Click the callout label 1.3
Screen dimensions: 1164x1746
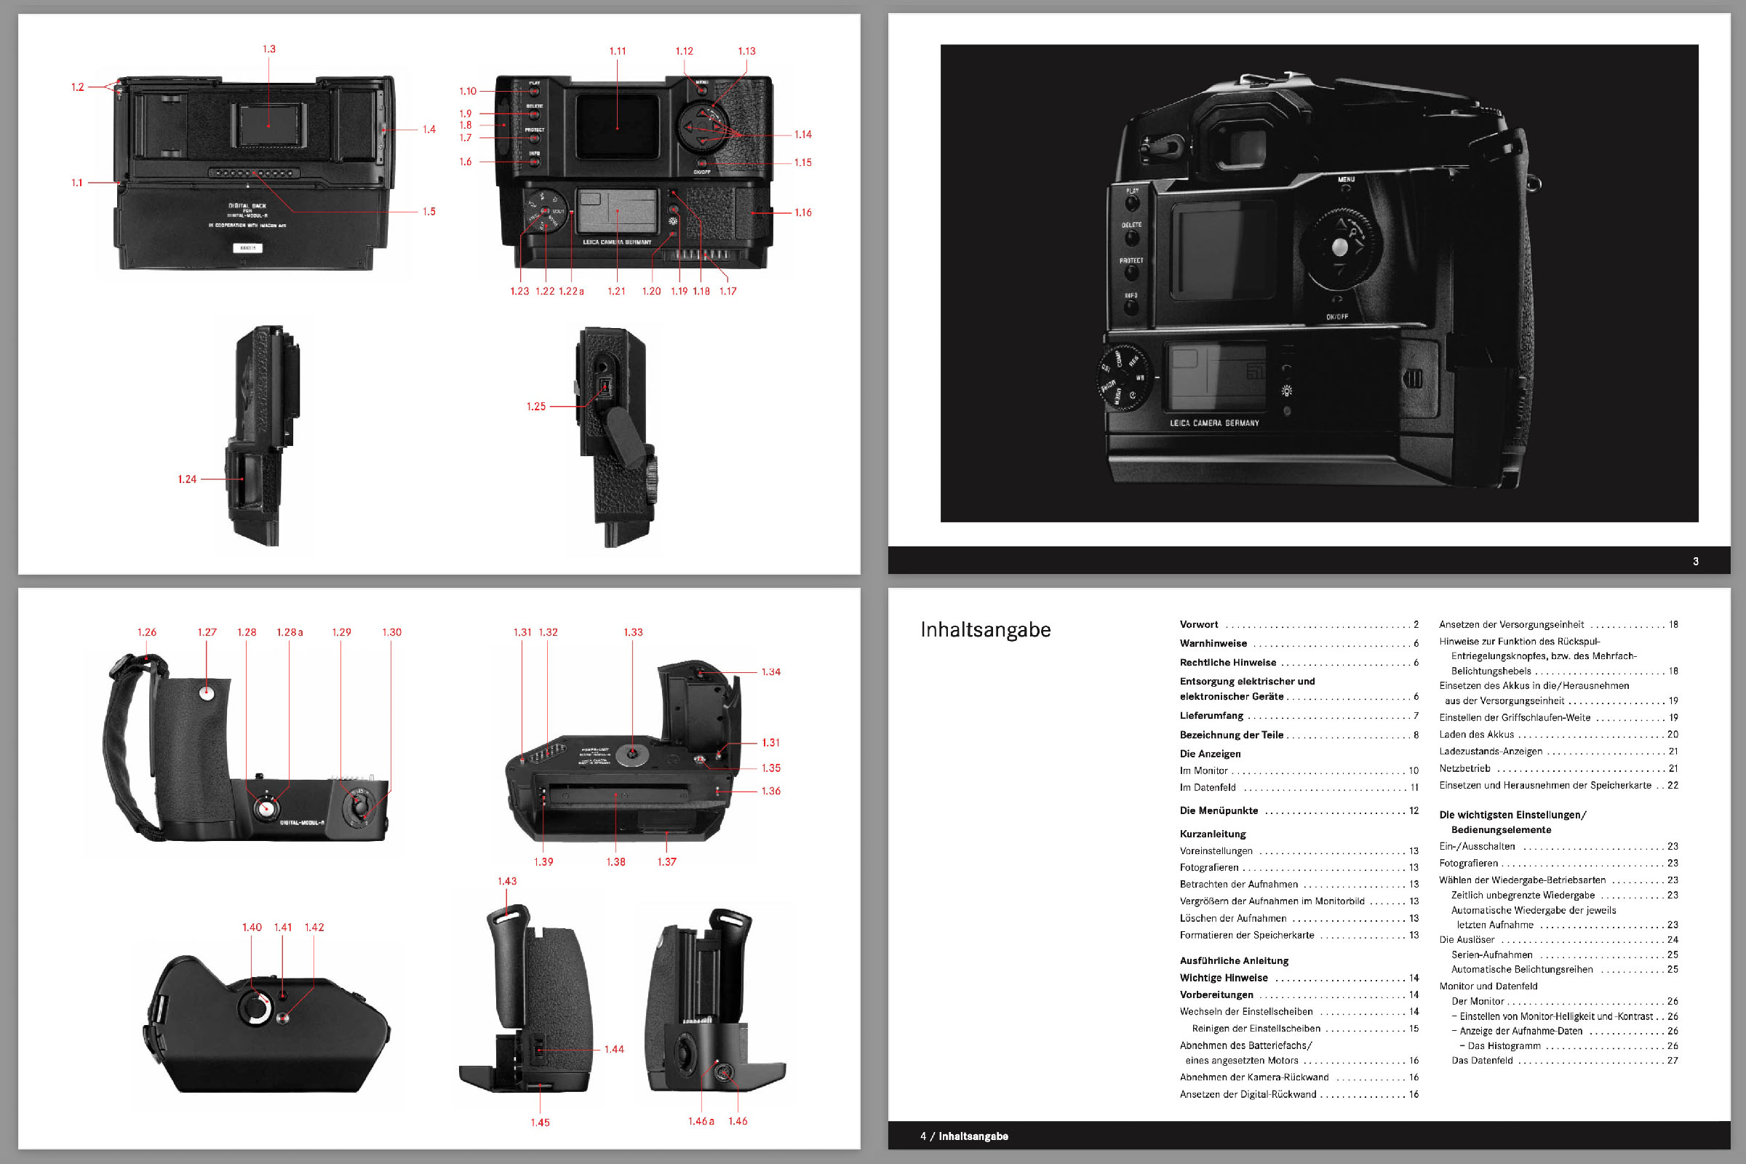tap(268, 49)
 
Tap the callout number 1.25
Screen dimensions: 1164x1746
tap(536, 407)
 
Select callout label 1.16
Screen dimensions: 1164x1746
tap(803, 212)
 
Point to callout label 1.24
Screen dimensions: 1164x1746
tap(187, 479)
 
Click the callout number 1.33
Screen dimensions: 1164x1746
tap(633, 632)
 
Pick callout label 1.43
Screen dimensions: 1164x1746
tap(507, 881)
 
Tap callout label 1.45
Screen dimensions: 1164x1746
tap(540, 1123)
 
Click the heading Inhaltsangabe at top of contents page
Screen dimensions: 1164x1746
tap(985, 629)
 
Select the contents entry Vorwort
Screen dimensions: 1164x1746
tap(1199, 624)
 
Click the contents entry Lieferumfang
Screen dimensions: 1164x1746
tap(1211, 716)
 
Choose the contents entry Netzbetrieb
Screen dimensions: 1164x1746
tap(1464, 768)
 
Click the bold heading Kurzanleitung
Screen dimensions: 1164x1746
tap(1213, 834)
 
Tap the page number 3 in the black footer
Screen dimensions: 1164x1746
tap(1696, 561)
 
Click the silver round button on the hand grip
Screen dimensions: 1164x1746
tap(207, 693)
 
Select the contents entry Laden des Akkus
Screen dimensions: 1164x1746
tap(1477, 734)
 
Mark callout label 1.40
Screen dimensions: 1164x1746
tap(252, 927)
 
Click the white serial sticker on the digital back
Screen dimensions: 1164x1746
tap(247, 248)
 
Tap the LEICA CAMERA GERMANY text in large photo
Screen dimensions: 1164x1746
tap(1214, 423)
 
